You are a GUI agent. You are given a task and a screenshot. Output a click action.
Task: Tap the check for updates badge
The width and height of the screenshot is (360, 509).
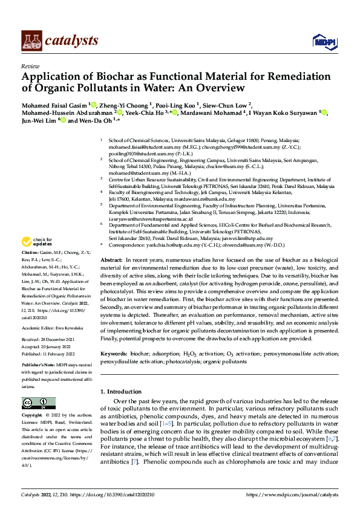[x=37, y=259]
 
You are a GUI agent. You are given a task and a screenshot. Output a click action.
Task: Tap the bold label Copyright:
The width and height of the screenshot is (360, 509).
[x=33, y=415]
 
